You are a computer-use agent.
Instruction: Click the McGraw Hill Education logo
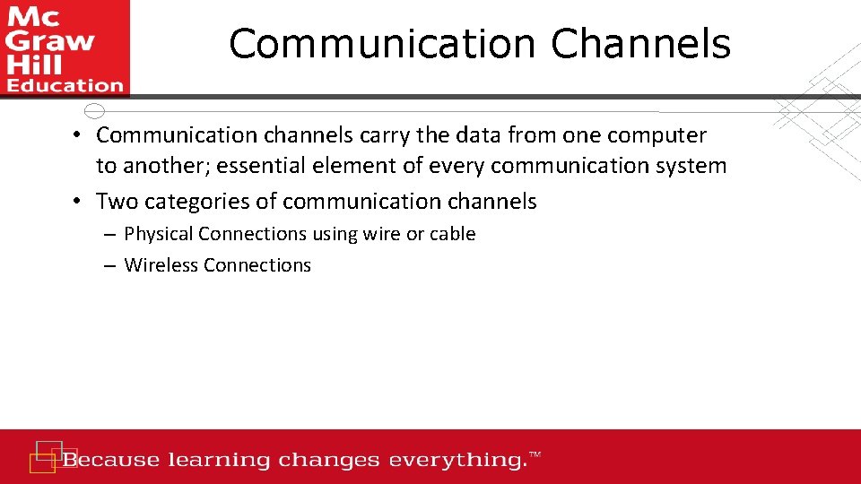point(65,48)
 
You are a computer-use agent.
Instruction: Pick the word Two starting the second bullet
point(117,202)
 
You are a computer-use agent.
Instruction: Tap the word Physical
point(159,234)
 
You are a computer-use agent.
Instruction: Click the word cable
point(452,234)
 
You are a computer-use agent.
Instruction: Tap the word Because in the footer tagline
point(111,461)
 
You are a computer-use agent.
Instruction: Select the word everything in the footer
point(457,461)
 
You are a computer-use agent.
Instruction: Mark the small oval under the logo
point(94,111)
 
